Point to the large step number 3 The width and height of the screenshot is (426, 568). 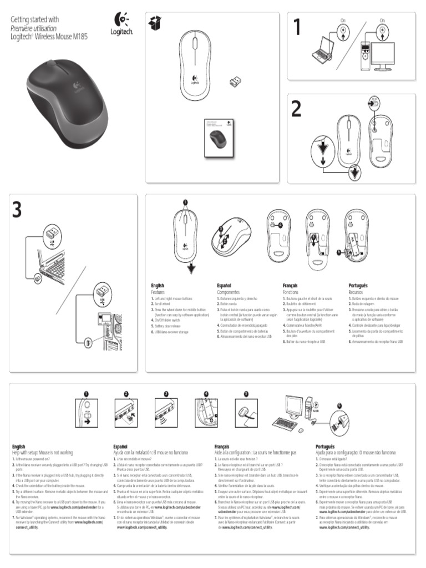[x=18, y=210]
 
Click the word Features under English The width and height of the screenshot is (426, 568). [x=158, y=292]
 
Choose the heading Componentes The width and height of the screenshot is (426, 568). [x=228, y=292]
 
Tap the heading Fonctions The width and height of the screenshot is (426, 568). [x=290, y=292]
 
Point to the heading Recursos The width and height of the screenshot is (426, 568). [x=356, y=292]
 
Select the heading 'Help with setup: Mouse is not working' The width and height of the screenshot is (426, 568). [x=43, y=453]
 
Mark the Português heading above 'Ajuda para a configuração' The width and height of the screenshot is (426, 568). [x=326, y=447]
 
